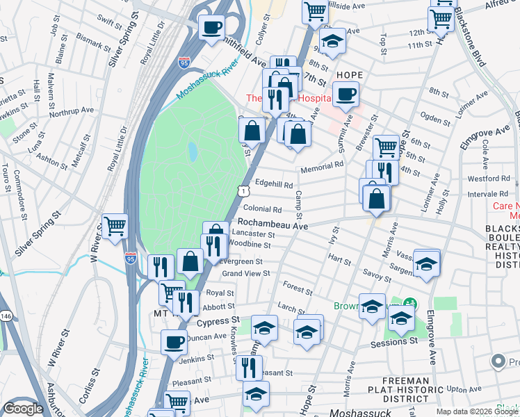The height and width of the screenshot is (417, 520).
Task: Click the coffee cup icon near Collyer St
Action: pos(211,28)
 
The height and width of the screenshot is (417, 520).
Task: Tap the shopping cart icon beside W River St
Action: pos(115,226)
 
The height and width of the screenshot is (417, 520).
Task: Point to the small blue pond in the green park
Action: pos(191,149)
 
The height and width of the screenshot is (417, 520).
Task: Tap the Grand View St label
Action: pos(245,274)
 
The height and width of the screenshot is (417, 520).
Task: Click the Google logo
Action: pos(23,409)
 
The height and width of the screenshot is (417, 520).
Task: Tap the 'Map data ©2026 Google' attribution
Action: pos(476,411)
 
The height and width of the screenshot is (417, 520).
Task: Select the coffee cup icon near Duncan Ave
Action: pos(174,342)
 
